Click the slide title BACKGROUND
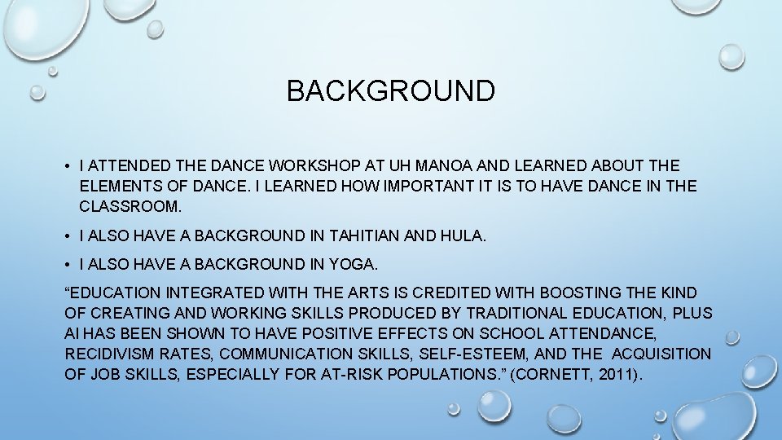tap(390, 90)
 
